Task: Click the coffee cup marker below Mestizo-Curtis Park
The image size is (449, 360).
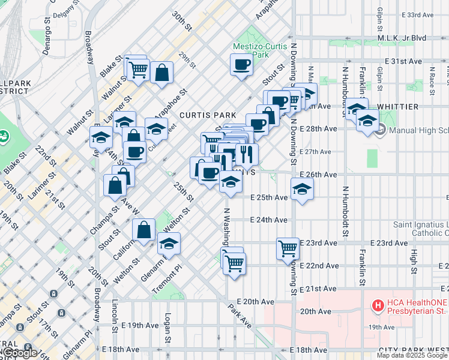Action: point(242,65)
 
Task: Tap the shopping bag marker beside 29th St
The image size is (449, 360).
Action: point(162,73)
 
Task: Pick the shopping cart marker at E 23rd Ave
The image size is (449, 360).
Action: point(288,247)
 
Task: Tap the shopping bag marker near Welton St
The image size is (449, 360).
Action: point(144,230)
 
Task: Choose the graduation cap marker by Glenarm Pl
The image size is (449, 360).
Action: point(169,244)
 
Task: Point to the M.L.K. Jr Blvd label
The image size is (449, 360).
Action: point(402,38)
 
